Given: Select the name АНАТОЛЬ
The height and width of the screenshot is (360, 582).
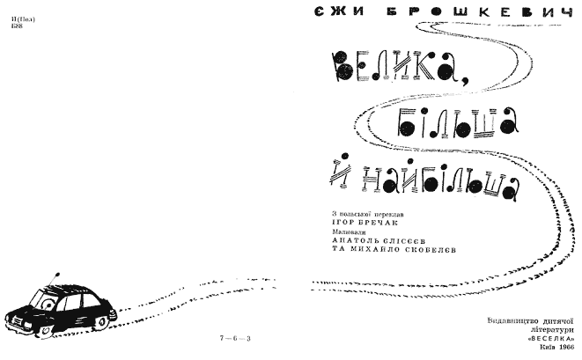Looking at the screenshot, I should (352, 243).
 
